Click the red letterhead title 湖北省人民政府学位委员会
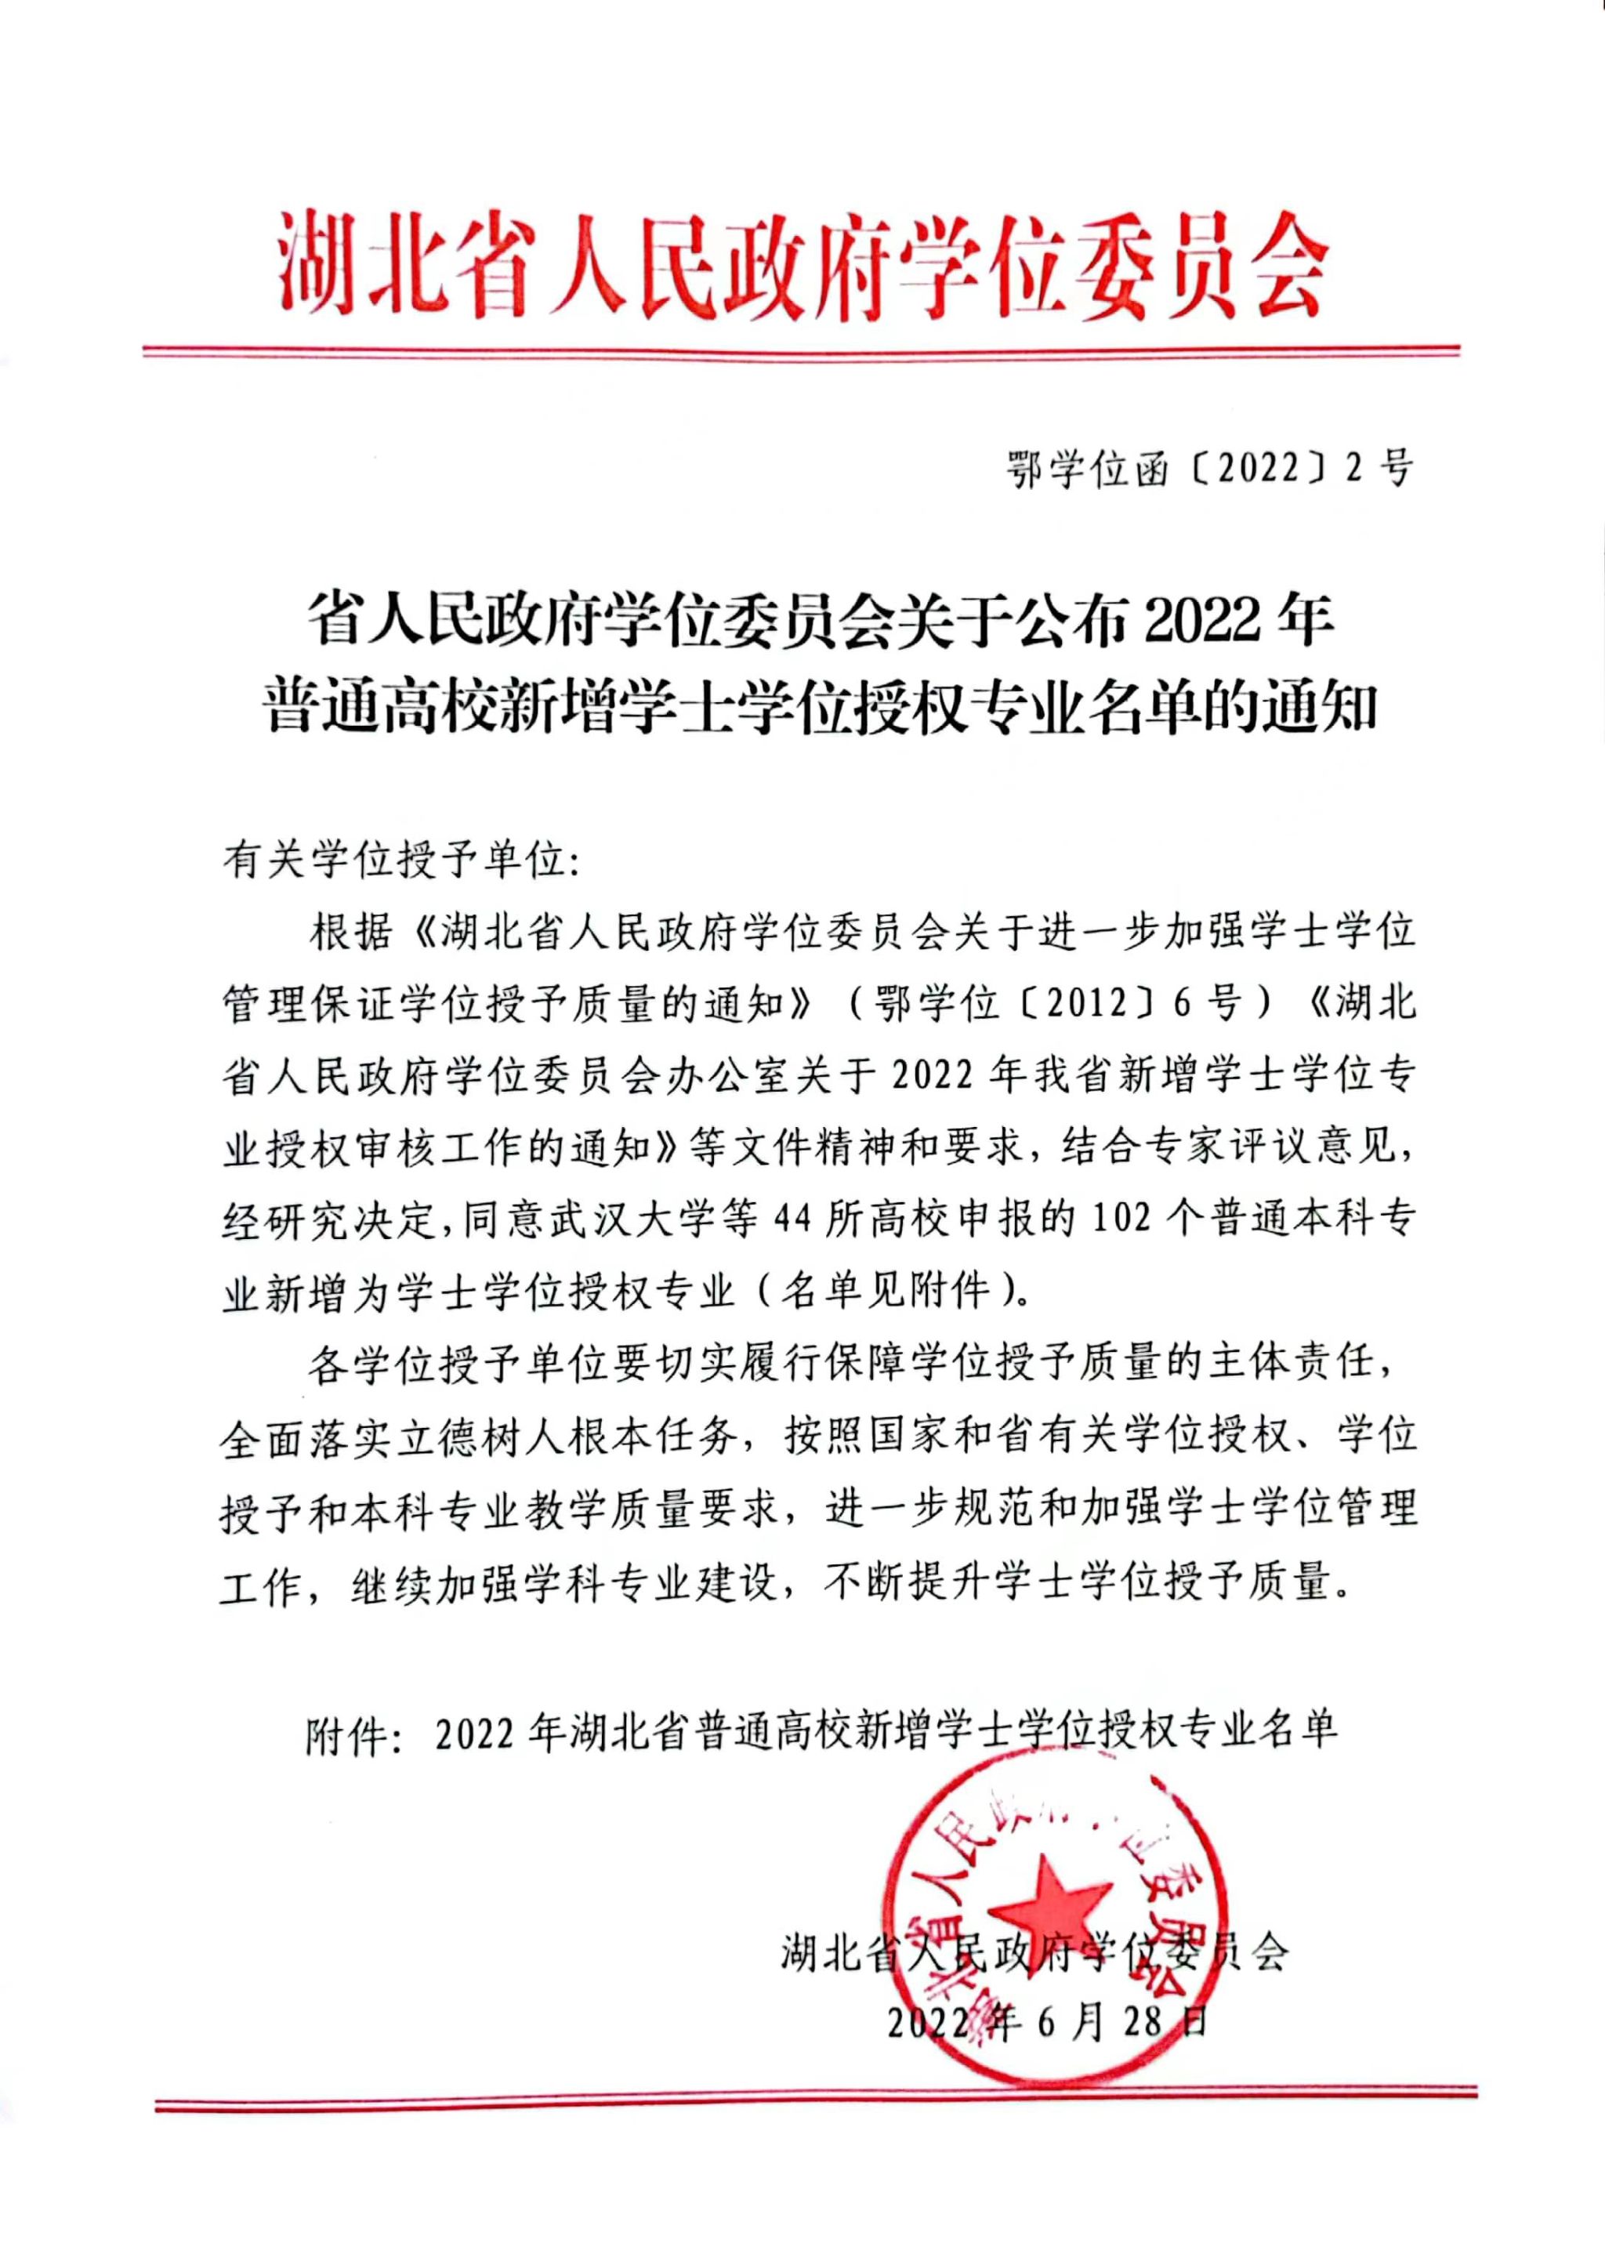802,262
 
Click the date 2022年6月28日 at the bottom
1048,2023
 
